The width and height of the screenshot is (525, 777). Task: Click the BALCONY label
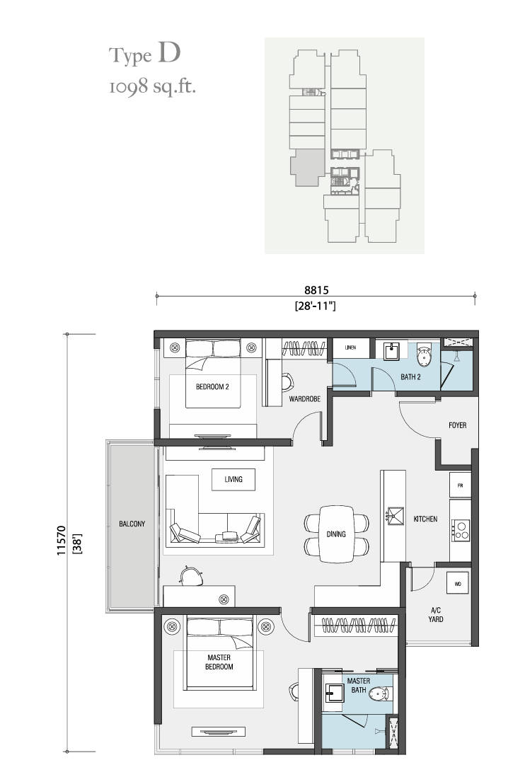132,524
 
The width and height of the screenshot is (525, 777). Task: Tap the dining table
336,534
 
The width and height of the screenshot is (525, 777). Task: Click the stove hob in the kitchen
461,530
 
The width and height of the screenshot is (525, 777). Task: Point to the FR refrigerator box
460,485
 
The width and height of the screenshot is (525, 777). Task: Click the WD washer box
458,585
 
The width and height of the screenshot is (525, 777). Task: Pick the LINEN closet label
350,347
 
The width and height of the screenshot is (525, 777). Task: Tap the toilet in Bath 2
424,355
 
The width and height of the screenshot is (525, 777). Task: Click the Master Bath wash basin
334,693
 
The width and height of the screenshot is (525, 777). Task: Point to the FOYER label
457,425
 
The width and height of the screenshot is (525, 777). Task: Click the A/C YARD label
436,615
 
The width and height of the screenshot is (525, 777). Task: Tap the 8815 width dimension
316,290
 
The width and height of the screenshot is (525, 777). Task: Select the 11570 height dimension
62,541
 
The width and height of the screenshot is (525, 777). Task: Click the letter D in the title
169,53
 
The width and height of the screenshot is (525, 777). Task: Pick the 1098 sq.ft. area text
153,87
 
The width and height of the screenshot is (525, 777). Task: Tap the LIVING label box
233,480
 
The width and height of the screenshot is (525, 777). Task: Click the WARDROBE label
304,399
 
